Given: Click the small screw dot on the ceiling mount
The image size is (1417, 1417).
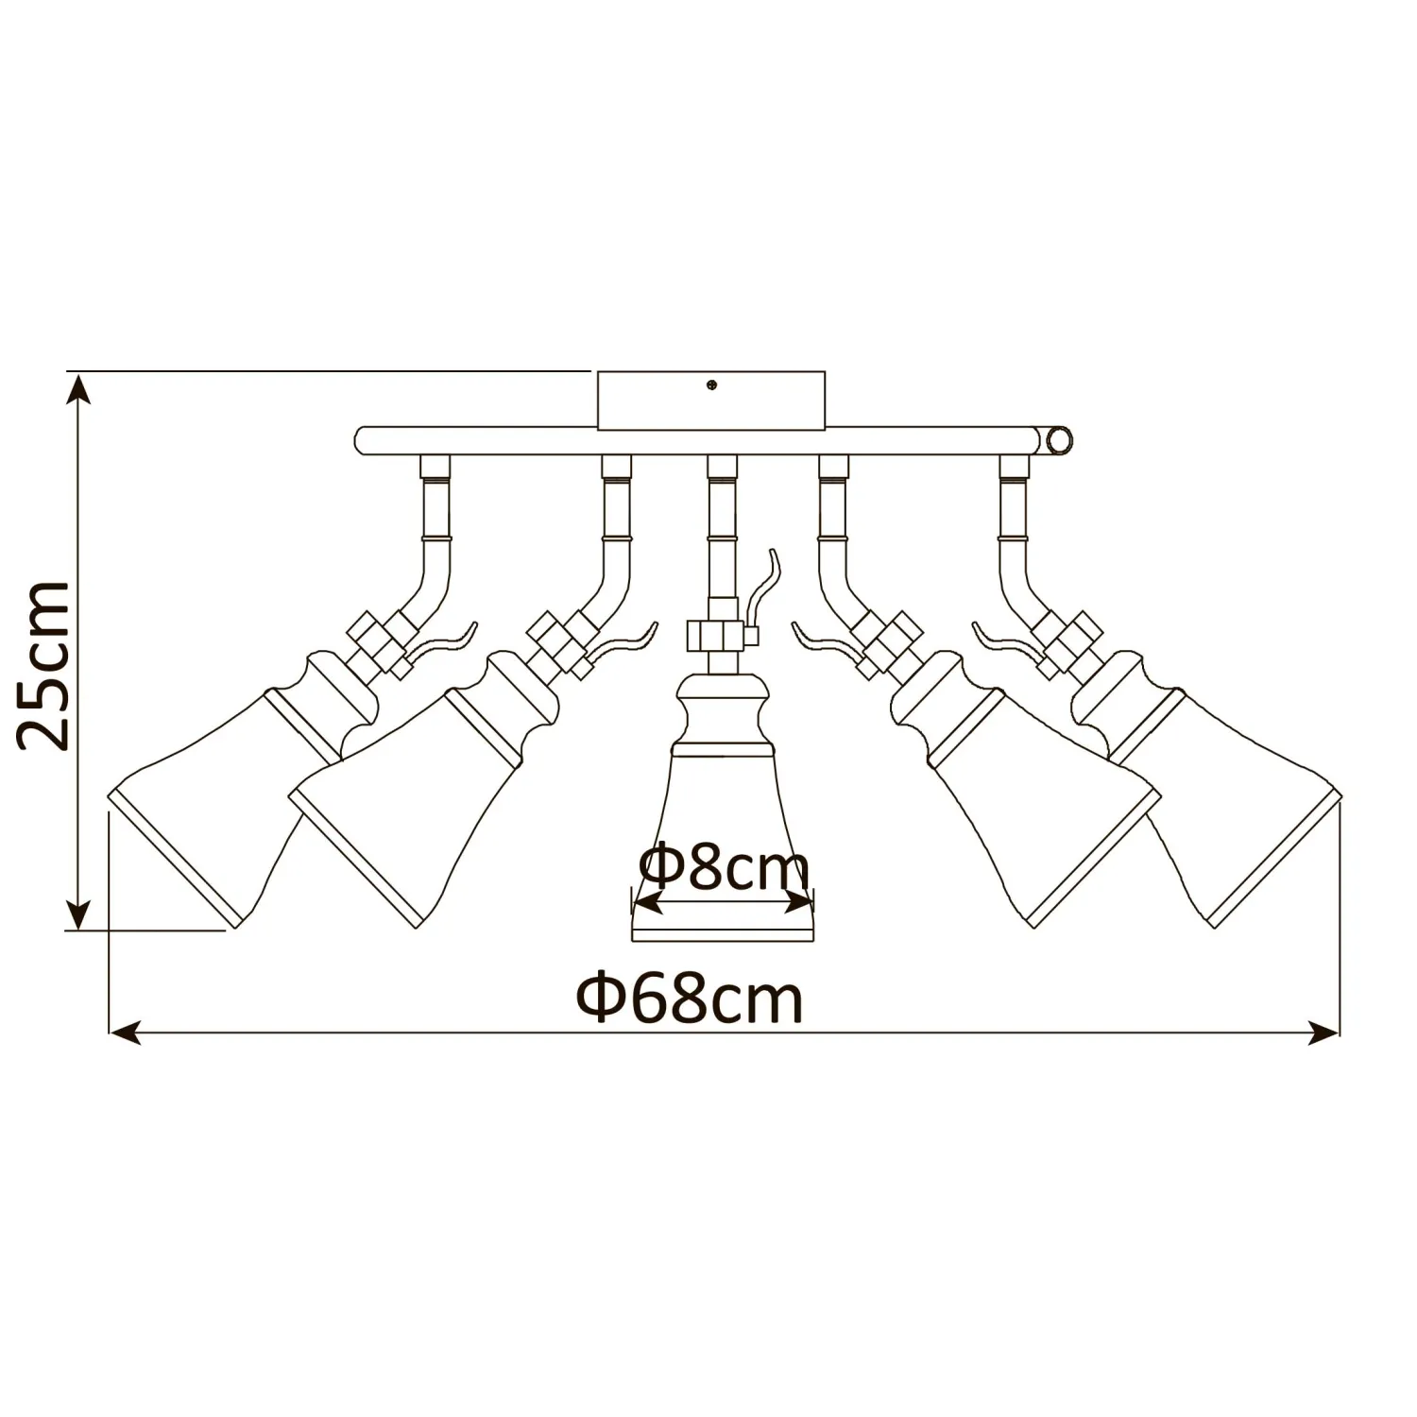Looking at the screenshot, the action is (x=710, y=384).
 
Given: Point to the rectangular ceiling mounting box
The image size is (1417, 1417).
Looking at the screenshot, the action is (x=711, y=401).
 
